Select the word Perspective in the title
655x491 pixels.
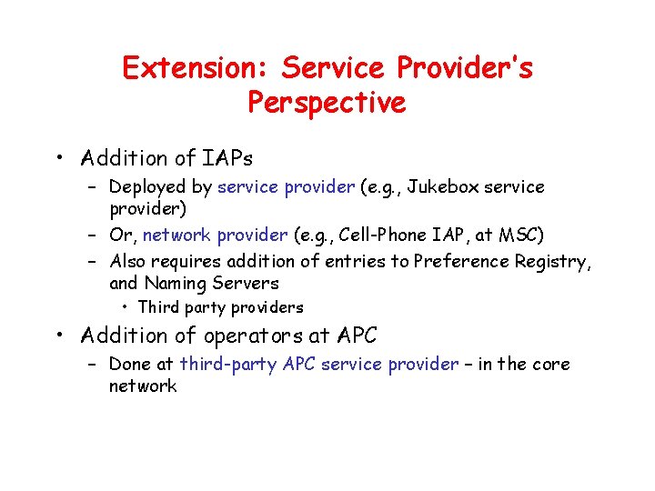tap(327, 102)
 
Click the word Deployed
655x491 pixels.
tap(144, 187)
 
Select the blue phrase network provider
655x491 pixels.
tap(216, 235)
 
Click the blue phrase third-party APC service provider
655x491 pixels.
tap(319, 365)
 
